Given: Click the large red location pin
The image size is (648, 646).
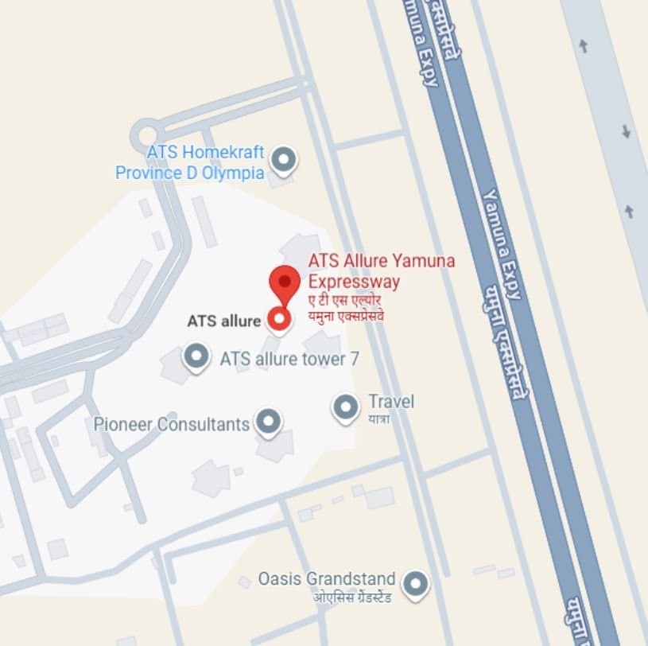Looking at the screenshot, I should tap(284, 282).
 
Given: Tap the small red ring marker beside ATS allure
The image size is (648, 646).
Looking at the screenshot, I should tap(278, 319).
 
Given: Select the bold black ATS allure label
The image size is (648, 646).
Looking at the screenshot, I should tap(223, 321).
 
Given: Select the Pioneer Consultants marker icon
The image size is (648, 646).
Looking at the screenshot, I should tap(268, 422).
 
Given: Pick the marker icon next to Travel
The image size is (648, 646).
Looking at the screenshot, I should tap(345, 407).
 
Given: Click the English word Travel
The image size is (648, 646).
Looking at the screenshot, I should tap(390, 401).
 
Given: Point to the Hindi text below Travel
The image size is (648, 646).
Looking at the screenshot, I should tap(378, 418).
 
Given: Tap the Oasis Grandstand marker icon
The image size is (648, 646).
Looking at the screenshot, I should tap(413, 585).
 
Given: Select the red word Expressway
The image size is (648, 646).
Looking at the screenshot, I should tap(354, 282).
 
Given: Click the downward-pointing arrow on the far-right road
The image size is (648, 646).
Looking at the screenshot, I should tap(626, 131).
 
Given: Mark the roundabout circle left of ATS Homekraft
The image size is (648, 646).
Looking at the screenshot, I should tap(146, 131).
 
